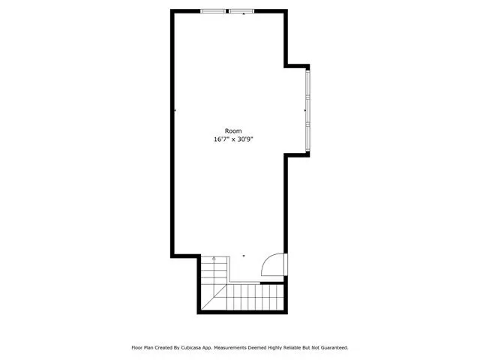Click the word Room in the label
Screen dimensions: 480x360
click(x=233, y=131)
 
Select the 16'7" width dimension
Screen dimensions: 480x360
click(x=222, y=139)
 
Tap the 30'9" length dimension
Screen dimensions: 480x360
click(x=245, y=139)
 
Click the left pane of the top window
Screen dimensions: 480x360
click(x=213, y=11)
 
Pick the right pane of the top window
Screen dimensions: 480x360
click(x=241, y=11)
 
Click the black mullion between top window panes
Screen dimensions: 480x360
click(x=227, y=11)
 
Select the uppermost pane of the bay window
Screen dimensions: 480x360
click(x=307, y=84)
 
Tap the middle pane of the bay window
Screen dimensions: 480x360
click(x=307, y=110)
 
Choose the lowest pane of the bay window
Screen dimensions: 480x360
click(x=307, y=136)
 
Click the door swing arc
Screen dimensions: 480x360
click(x=267, y=260)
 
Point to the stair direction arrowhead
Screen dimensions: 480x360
click(x=214, y=258)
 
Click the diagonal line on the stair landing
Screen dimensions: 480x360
click(x=214, y=297)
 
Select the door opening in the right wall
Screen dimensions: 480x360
click(x=286, y=264)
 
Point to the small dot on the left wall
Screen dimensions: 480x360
click(x=175, y=110)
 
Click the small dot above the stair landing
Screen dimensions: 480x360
click(x=244, y=256)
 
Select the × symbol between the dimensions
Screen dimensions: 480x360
click(x=233, y=140)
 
